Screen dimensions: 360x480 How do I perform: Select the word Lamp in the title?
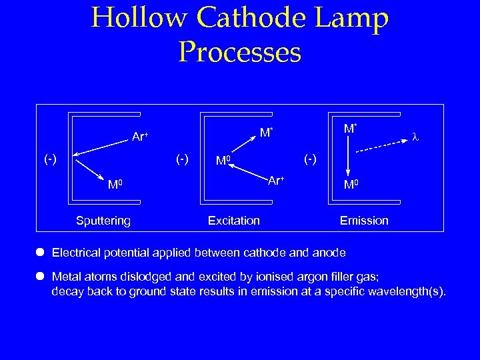click(352, 19)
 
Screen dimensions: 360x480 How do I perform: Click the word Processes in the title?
click(239, 52)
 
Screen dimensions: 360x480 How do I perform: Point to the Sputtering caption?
click(103, 221)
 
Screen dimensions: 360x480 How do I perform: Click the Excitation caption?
click(234, 221)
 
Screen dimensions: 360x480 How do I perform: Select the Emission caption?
click(364, 221)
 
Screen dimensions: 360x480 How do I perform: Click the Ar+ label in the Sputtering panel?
click(140, 137)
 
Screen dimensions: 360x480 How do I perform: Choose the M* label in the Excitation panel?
click(266, 133)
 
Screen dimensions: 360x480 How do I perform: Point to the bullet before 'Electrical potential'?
click(40, 253)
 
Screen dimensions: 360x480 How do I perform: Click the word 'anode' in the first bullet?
click(331, 253)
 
